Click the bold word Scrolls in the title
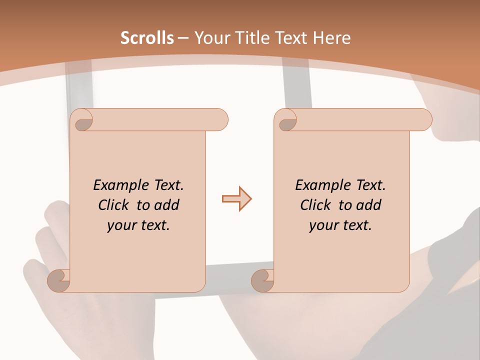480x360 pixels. click(x=147, y=38)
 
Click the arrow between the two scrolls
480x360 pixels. click(x=236, y=199)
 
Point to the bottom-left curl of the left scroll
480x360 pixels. click(x=59, y=280)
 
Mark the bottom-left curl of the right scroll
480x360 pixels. click(x=262, y=280)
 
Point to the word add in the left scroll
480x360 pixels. click(x=166, y=205)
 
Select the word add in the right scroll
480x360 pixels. click(x=368, y=205)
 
